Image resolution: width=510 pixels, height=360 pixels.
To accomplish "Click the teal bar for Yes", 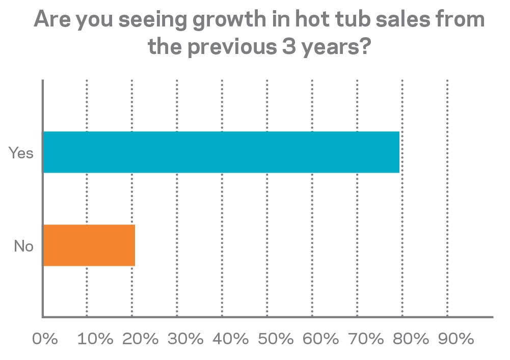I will click(x=221, y=152).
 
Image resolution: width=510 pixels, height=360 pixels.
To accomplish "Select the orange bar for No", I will click(x=89, y=245).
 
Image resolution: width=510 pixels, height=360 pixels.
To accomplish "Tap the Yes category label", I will click(x=21, y=153).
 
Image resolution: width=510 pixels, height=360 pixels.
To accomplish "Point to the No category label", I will click(x=23, y=246).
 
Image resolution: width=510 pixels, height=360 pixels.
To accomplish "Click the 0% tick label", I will click(x=45, y=339).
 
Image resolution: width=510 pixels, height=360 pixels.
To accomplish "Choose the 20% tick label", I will click(x=139, y=339).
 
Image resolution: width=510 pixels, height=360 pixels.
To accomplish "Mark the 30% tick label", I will click(x=184, y=339).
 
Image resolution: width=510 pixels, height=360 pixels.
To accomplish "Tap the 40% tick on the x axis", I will click(x=229, y=339).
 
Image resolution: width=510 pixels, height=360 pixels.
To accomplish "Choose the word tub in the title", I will click(x=347, y=20).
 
